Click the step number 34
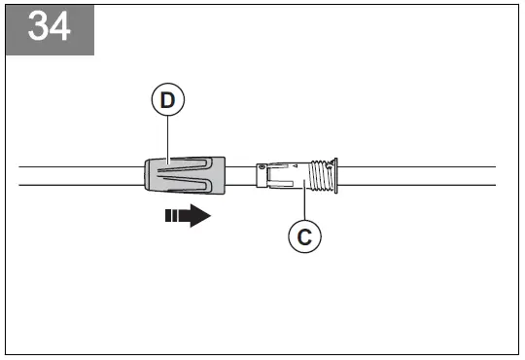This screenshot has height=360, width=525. point(50,27)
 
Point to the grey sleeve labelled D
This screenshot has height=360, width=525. point(185,175)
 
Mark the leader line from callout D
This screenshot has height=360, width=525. point(167,136)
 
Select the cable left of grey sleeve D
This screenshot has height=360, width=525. point(78,175)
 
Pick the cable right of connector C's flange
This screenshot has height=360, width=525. point(418,175)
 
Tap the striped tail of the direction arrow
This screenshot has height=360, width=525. point(173,215)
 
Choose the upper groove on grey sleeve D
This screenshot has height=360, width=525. point(190,167)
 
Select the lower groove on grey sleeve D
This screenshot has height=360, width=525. point(190,183)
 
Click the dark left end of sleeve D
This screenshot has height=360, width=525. point(146,175)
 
